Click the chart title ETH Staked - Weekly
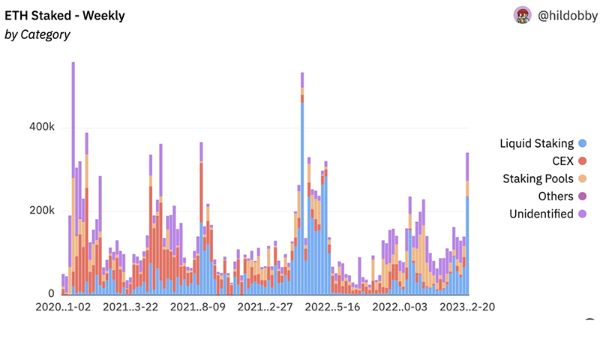[x=65, y=16]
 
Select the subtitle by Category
[x=37, y=34]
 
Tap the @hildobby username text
[x=565, y=15]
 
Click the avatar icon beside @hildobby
[x=523, y=15]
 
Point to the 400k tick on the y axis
[x=42, y=128]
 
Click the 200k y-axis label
[x=42, y=211]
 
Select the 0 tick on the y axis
[x=50, y=294]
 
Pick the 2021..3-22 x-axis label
[x=130, y=307]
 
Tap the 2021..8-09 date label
[x=198, y=307]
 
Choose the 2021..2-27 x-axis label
[x=265, y=307]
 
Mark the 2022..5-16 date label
[x=333, y=307]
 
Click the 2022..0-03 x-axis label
[x=400, y=307]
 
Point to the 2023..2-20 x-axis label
[x=466, y=307]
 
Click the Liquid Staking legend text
[x=536, y=143]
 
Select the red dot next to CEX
[x=582, y=161]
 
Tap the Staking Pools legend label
[x=538, y=178]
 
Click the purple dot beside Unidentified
[x=582, y=214]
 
